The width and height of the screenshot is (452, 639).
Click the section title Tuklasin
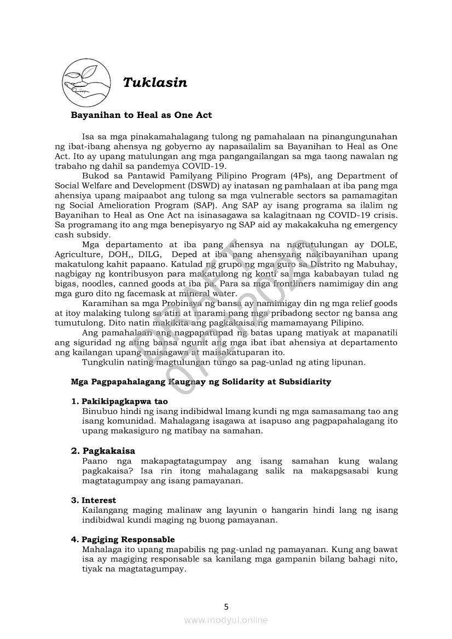tap(155, 83)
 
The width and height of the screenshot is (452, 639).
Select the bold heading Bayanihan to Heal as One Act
tap(141, 115)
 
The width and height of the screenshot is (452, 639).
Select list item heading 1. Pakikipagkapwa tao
tap(119, 401)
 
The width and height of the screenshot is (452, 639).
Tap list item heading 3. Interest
tap(94, 500)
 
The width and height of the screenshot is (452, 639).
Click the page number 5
tap(226, 606)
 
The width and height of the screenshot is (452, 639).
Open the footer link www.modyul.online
tap(226, 620)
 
